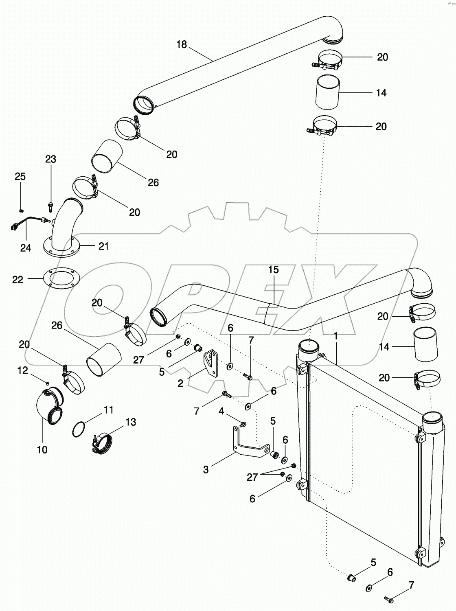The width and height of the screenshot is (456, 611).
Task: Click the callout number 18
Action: (182, 44)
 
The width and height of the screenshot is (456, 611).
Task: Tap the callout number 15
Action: (273, 269)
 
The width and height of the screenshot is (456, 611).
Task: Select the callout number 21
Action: (103, 246)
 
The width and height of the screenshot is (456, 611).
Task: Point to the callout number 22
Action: (18, 280)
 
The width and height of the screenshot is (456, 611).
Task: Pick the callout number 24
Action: (26, 248)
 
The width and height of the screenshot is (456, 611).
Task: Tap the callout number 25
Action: (20, 177)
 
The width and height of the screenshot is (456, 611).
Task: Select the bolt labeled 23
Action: (50, 206)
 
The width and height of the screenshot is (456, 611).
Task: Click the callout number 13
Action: (131, 422)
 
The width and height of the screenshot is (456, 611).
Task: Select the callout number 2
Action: (181, 383)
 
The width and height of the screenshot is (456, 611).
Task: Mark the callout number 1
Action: (336, 336)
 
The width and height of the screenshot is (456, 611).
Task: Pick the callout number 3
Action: (206, 470)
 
